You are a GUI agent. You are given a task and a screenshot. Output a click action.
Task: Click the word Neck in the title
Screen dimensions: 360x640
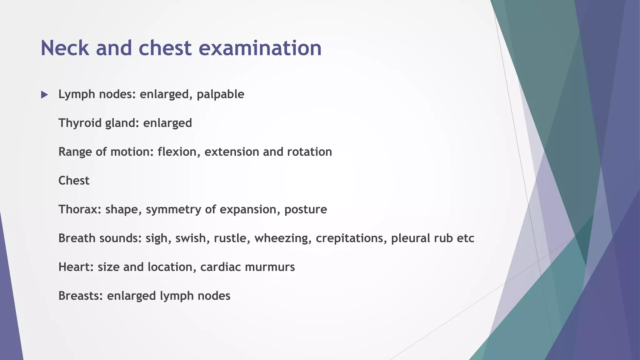point(65,48)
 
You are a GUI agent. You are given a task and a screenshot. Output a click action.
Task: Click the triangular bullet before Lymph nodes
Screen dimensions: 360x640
point(44,95)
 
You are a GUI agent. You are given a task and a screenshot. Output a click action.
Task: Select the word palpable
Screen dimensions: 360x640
point(220,94)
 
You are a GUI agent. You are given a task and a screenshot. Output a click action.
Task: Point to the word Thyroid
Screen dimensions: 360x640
point(80,123)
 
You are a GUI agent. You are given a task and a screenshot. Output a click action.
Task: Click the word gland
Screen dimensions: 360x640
point(122,123)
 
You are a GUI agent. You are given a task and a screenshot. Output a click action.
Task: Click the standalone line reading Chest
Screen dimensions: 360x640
point(74,181)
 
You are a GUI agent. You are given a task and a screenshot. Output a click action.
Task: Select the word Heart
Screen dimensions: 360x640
point(76,267)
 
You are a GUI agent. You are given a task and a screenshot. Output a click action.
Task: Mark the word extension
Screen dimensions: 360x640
point(232,152)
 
